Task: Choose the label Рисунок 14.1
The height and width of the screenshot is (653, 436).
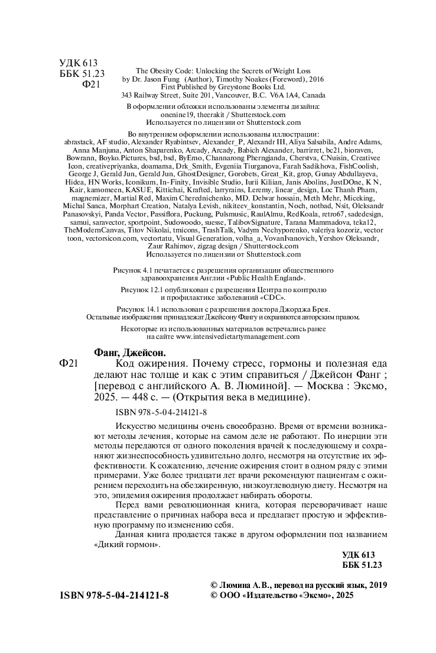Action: point(139,309)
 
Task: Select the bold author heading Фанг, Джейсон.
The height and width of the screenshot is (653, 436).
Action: point(128,351)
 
